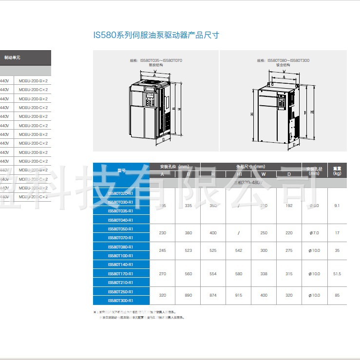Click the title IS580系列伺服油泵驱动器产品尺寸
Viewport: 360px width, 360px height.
click(x=156, y=35)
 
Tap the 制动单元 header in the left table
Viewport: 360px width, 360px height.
click(x=12, y=57)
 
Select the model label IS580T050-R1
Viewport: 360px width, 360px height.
click(x=120, y=228)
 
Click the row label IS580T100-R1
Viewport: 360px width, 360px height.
click(x=120, y=255)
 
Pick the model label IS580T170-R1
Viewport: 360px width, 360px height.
click(x=120, y=273)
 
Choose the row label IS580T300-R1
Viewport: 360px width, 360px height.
click(x=120, y=300)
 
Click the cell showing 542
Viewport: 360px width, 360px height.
click(x=239, y=251)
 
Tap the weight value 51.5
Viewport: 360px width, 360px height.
click(x=336, y=273)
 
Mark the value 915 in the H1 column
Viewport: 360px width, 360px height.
click(x=239, y=295)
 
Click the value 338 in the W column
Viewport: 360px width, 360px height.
click(x=264, y=273)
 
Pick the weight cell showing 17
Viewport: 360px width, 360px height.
click(x=337, y=233)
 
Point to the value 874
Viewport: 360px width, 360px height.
click(x=213, y=295)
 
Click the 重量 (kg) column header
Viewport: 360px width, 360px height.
click(x=337, y=170)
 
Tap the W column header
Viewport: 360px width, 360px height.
click(x=264, y=174)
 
